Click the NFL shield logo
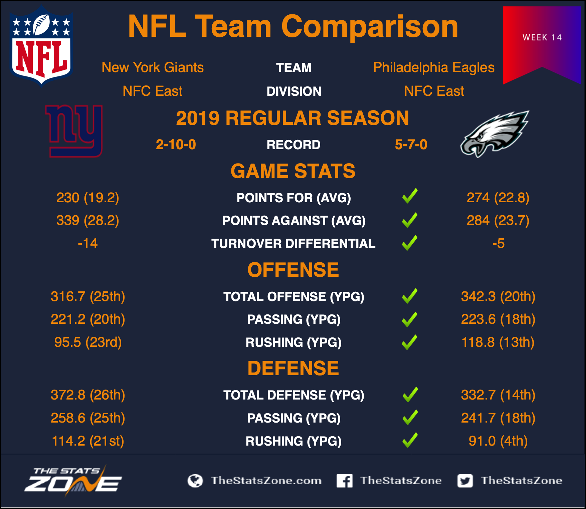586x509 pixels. coord(41,46)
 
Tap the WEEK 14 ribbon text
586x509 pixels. coord(542,37)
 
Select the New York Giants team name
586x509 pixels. coord(153,67)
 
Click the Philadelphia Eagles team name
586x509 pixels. coord(434,68)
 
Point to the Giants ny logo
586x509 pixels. coord(74,131)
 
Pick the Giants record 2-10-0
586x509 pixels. coord(176,145)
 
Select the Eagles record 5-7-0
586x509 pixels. coord(411,145)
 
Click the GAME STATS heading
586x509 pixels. coord(293,171)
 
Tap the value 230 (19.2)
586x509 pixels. coord(88,198)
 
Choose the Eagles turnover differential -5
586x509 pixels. coord(498,243)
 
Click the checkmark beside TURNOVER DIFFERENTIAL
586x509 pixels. coord(410,243)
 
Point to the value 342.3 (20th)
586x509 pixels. coord(498,296)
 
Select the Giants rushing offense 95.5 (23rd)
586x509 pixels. coord(88,342)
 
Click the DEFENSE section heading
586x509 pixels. coord(293,368)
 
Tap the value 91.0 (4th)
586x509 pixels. coord(498,441)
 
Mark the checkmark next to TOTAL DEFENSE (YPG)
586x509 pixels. coord(410,395)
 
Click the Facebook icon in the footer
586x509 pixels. coord(345,481)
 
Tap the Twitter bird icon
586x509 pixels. coord(465,481)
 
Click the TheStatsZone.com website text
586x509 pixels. coord(266,481)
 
